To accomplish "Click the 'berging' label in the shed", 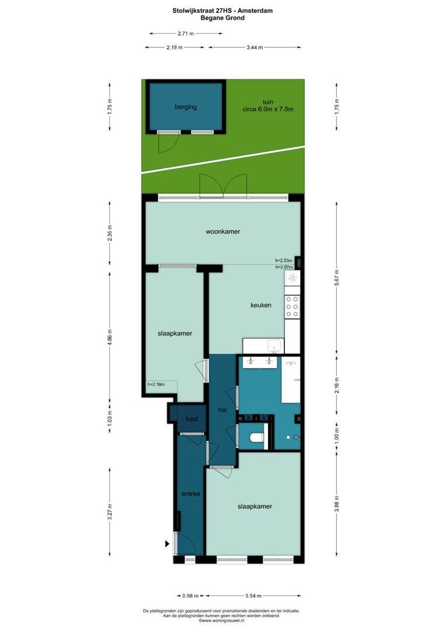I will point(186,107).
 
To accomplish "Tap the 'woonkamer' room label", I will point(222,231).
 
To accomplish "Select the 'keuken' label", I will point(260,304).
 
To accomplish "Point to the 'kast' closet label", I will point(191,419).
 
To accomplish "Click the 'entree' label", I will point(191,494).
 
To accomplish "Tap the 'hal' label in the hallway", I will point(222,411).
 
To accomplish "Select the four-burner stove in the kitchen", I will point(292,306).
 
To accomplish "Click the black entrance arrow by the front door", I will point(168,544).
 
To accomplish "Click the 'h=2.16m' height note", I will point(156,384).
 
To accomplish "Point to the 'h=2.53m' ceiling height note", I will point(284,261).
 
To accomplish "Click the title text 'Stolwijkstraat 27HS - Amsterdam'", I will point(222,11).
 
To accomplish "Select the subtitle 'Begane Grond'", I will point(222,18).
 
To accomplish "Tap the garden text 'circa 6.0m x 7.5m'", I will point(268,109).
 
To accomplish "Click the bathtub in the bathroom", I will point(290,380).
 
